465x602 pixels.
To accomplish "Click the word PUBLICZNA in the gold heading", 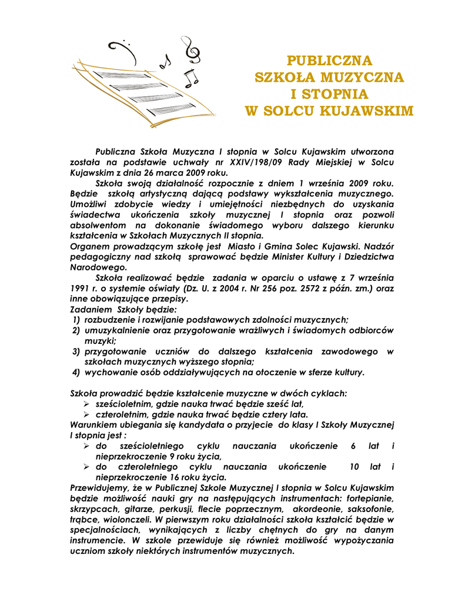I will [x=329, y=60].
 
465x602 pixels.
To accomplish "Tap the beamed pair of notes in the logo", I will [x=190, y=78].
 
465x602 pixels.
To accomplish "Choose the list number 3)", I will [x=76, y=352].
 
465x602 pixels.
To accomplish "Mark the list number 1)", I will [x=76, y=320].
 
